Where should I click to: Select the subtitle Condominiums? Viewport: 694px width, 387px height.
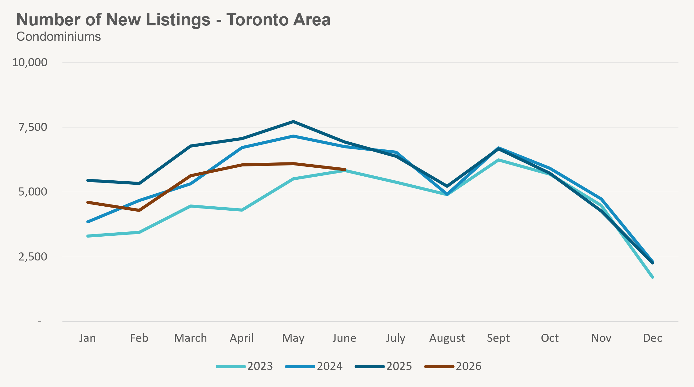pyautogui.click(x=58, y=37)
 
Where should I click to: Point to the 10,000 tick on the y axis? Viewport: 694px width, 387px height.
pyautogui.click(x=30, y=62)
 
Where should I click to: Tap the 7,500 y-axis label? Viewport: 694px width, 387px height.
pyautogui.click(x=33, y=127)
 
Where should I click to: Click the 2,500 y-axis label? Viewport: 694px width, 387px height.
pyautogui.click(x=33, y=257)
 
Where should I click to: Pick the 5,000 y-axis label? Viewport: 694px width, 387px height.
pyautogui.click(x=33, y=192)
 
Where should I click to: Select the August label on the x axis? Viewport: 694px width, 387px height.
pyautogui.click(x=447, y=338)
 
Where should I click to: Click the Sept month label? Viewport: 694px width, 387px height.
pyautogui.click(x=498, y=338)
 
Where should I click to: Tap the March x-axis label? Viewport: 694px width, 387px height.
pyautogui.click(x=190, y=338)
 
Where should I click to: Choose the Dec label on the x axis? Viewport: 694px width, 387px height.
pyautogui.click(x=653, y=338)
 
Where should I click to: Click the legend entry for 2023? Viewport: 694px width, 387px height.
pyautogui.click(x=244, y=366)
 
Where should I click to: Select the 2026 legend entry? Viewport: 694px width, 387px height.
pyautogui.click(x=453, y=366)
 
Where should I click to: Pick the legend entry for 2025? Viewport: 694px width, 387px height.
pyautogui.click(x=383, y=366)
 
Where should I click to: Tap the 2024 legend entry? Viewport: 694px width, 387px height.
pyautogui.click(x=314, y=366)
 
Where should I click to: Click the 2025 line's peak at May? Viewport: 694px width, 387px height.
pyautogui.click(x=293, y=122)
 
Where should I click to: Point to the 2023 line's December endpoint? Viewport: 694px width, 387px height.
pyautogui.click(x=653, y=277)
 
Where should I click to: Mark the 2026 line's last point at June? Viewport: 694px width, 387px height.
pyautogui.click(x=344, y=170)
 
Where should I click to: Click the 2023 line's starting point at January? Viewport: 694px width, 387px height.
pyautogui.click(x=88, y=236)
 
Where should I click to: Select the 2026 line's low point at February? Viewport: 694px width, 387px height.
pyautogui.click(x=139, y=210)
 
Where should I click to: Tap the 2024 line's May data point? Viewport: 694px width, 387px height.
pyautogui.click(x=293, y=136)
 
